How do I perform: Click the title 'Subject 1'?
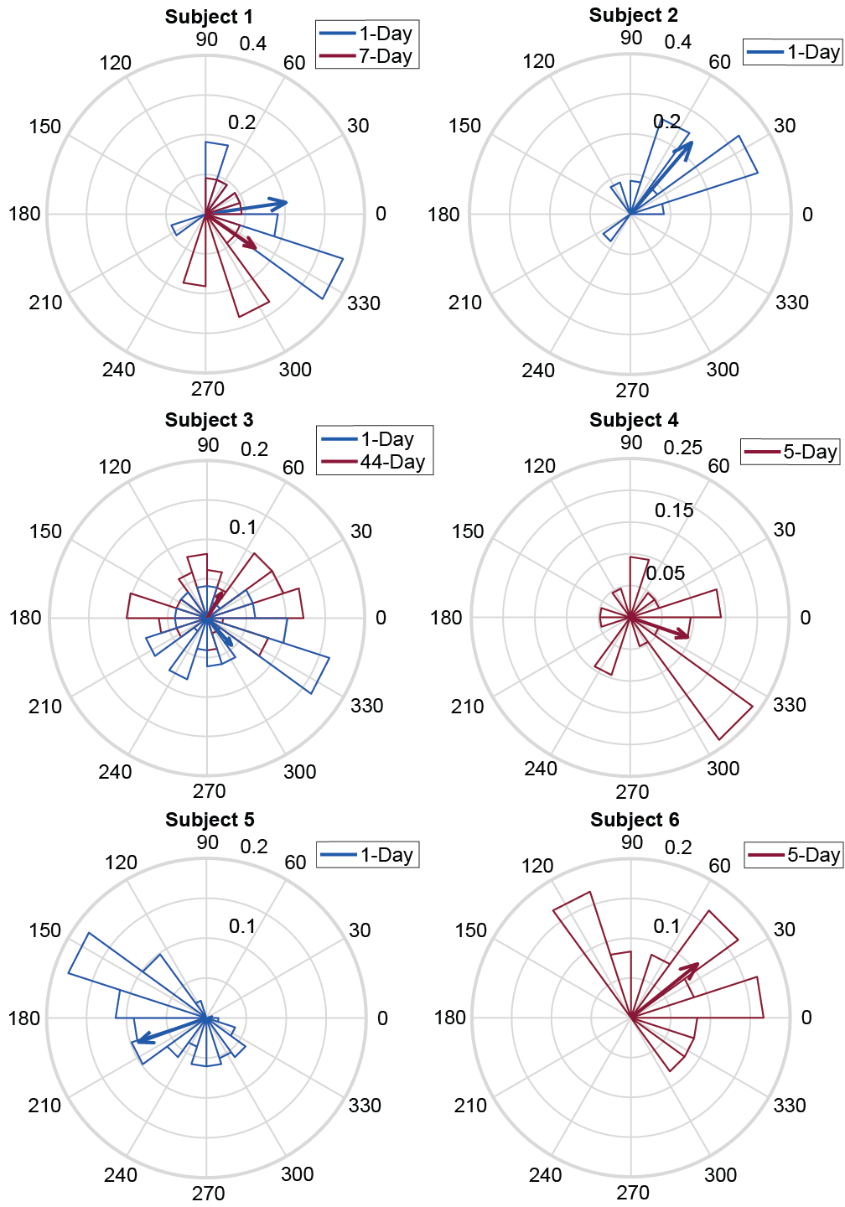click(209, 17)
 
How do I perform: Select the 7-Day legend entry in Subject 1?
click(366, 57)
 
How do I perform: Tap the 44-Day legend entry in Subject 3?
click(374, 462)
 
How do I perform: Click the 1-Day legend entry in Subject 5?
click(367, 855)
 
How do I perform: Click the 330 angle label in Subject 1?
click(364, 303)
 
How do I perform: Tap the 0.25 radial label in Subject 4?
click(682, 448)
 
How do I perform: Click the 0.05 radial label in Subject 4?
click(665, 573)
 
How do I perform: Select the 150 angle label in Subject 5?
click(45, 930)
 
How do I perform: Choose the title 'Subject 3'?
click(209, 420)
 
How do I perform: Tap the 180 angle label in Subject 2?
click(443, 215)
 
